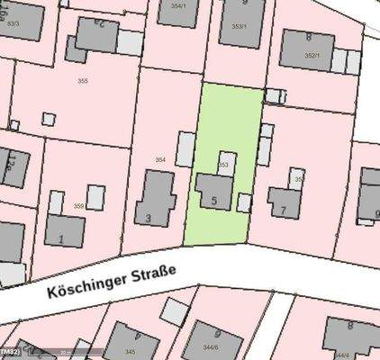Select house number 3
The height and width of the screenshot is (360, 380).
pos(148,217)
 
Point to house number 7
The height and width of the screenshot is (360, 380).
pos(284,211)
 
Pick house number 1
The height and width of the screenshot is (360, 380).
pos(60,239)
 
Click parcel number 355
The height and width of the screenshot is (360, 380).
pos(82,80)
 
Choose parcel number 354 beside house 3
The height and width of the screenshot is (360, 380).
pos(160,159)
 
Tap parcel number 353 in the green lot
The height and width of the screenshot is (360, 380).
pos(224,166)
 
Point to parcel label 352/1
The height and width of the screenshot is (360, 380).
pos(312,56)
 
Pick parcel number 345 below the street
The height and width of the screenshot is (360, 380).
pos(130,351)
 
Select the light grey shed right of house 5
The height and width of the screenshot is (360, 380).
pos(242,202)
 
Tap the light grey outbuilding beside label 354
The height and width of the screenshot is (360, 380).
pos(184,150)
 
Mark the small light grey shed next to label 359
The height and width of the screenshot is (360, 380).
pos(95,196)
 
